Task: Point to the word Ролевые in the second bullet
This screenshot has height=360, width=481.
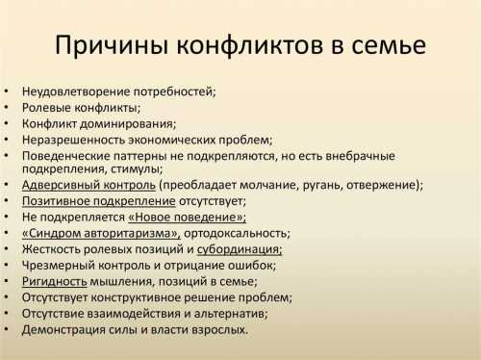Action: tap(45, 108)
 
